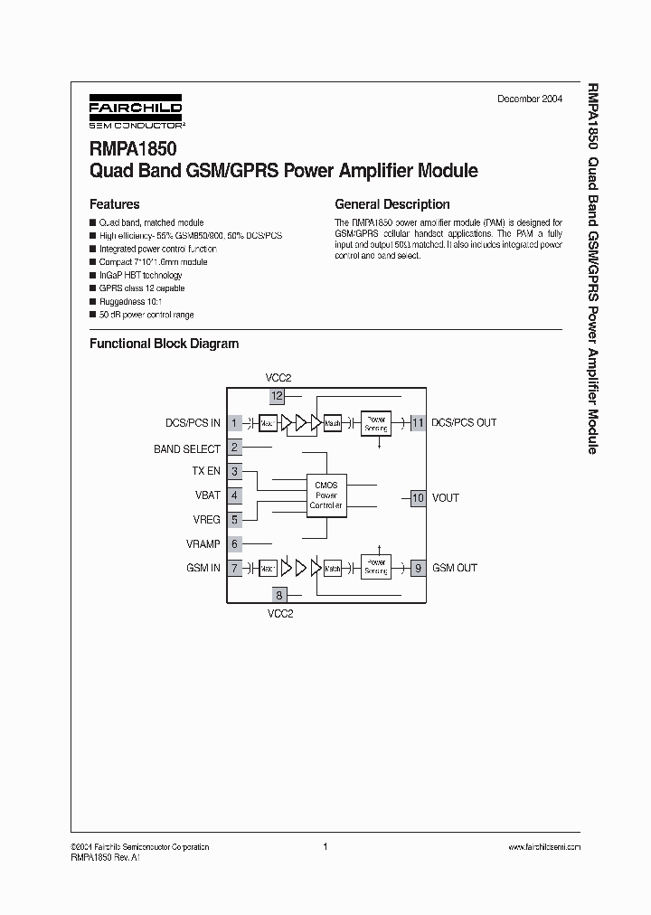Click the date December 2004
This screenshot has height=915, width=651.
point(529,99)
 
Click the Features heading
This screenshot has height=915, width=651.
point(114,204)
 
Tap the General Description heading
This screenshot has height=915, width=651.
point(392,204)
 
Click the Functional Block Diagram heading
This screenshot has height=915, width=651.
point(164,344)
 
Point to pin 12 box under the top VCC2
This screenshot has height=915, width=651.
point(278,395)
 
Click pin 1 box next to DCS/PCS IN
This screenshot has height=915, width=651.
point(234,422)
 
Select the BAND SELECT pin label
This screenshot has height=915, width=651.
point(187,448)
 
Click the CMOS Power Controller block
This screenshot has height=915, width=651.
point(325,495)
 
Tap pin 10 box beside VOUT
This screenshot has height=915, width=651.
point(418,497)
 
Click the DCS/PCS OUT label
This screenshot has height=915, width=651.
point(464,422)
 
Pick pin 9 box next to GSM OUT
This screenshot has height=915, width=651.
point(418,568)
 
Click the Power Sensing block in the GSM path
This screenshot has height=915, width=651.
point(375,567)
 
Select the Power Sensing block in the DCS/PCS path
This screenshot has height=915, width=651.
point(375,422)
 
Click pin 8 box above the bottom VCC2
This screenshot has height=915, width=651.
point(278,595)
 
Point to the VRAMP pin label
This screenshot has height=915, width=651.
point(203,543)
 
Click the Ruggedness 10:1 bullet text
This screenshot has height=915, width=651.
point(130,301)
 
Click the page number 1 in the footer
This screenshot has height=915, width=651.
point(325,847)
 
